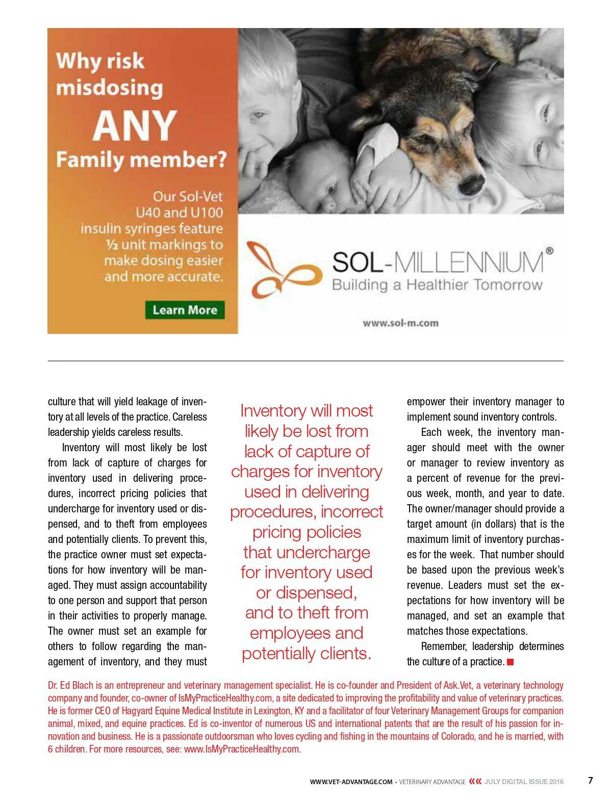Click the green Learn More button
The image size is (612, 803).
coord(185,310)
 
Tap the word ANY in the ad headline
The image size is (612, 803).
coord(135,126)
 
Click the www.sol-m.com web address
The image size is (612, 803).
coord(400,323)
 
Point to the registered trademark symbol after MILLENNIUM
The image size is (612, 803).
coord(549,251)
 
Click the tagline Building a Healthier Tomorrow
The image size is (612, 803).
coord(437,284)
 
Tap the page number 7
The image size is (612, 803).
coord(591,780)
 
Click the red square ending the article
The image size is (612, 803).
coord(510,662)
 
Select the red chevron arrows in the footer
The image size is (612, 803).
coord(475,781)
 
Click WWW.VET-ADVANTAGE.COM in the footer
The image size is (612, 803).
coord(351,782)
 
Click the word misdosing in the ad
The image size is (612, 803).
coord(110,88)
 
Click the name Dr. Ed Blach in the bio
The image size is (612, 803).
coord(72,685)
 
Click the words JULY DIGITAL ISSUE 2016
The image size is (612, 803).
coord(524,782)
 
